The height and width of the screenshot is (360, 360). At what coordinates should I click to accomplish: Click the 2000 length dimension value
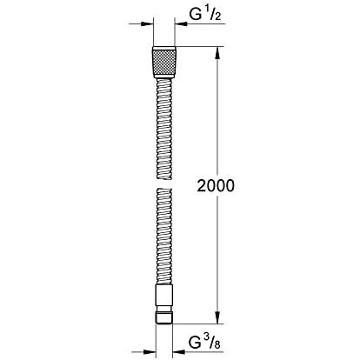[x=216, y=186]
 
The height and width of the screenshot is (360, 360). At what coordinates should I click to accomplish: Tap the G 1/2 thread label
[x=205, y=14]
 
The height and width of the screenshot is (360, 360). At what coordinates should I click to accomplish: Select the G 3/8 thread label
[x=204, y=343]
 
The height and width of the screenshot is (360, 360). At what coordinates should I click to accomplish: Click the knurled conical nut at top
[x=163, y=62]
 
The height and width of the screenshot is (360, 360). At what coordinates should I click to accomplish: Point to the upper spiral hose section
[x=164, y=129]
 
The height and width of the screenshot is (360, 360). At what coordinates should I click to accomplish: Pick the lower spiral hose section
[x=164, y=237]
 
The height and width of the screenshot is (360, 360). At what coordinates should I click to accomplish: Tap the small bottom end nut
[x=164, y=317]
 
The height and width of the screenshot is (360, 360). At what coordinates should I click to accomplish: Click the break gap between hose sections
[x=164, y=183]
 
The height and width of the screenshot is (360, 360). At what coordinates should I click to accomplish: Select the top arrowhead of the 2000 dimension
[x=218, y=53]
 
